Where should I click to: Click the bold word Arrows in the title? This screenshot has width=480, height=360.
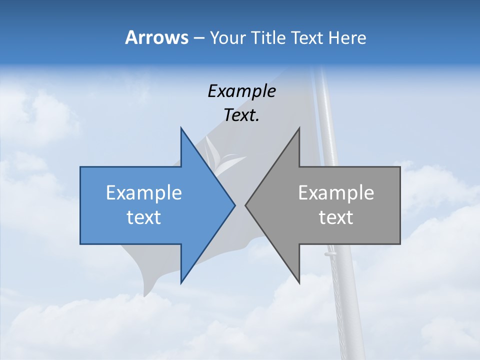pyautogui.click(x=156, y=37)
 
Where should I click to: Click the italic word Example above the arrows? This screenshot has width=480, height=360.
pyautogui.click(x=241, y=91)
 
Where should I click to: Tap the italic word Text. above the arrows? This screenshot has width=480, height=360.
pyautogui.click(x=241, y=115)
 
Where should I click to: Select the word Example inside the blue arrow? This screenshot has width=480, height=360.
pyautogui.click(x=144, y=192)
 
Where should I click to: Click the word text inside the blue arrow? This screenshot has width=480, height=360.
pyautogui.click(x=144, y=217)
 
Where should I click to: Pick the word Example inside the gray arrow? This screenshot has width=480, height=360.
pyautogui.click(x=336, y=192)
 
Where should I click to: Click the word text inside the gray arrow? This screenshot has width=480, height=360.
pyautogui.click(x=336, y=217)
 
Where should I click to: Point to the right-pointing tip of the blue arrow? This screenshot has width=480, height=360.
pyautogui.click(x=234, y=205)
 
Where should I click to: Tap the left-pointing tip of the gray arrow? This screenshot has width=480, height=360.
pyautogui.click(x=245, y=205)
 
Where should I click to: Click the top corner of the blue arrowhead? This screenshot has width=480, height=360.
pyautogui.click(x=181, y=128)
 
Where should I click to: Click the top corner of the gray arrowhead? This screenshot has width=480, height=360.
pyautogui.click(x=299, y=128)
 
